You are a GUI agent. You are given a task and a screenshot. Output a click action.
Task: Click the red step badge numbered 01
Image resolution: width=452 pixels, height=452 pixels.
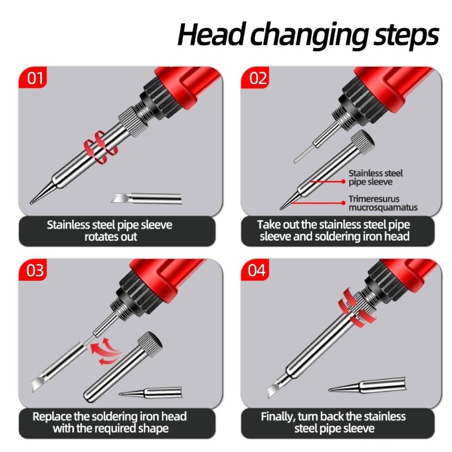click(34, 77)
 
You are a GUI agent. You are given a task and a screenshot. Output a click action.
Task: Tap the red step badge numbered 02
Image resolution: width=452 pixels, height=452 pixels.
click(258, 77)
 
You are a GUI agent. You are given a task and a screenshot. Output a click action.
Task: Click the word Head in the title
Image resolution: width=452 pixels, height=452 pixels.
click(212, 35)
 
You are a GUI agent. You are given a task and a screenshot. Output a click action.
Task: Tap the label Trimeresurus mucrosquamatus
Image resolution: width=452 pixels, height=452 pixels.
click(383, 203)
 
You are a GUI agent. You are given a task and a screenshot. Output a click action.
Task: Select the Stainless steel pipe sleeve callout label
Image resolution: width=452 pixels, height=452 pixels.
click(376, 177)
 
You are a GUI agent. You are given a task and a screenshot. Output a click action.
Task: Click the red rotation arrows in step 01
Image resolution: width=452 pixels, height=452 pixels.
click(98, 146)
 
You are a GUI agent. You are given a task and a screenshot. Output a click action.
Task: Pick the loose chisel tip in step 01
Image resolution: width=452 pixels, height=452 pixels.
click(146, 198)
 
